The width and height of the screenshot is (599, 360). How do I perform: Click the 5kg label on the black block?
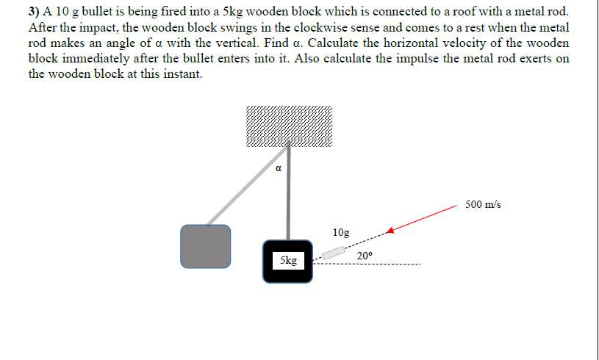[288, 260]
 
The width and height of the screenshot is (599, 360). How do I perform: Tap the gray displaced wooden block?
[206, 247]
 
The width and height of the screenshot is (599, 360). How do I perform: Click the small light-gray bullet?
[334, 253]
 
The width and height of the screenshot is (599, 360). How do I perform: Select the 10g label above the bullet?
[341, 232]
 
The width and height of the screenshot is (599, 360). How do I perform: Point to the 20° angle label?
[365, 256]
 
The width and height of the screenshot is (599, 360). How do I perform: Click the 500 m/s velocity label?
[483, 205]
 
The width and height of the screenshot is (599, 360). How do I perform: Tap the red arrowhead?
[390, 230]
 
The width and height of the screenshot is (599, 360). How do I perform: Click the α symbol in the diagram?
[279, 168]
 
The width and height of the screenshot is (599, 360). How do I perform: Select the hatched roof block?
[289, 126]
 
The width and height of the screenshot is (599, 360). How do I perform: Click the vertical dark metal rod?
[288, 190]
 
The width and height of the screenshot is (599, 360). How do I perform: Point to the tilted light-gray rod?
[248, 186]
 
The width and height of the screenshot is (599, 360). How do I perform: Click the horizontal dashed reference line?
[366, 264]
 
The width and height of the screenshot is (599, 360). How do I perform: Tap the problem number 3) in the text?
[34, 12]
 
